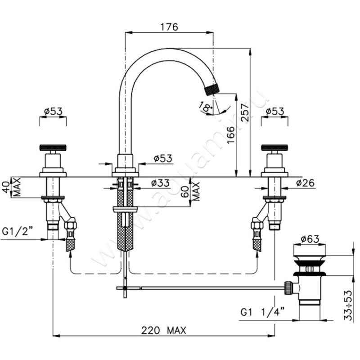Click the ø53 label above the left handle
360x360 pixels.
click(x=53, y=112)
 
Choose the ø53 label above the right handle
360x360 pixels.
click(x=274, y=112)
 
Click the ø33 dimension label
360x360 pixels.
click(x=160, y=183)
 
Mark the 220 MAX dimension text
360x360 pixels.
click(x=164, y=329)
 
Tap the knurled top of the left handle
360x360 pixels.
click(x=53, y=147)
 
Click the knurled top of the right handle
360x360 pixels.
click(x=275, y=147)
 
